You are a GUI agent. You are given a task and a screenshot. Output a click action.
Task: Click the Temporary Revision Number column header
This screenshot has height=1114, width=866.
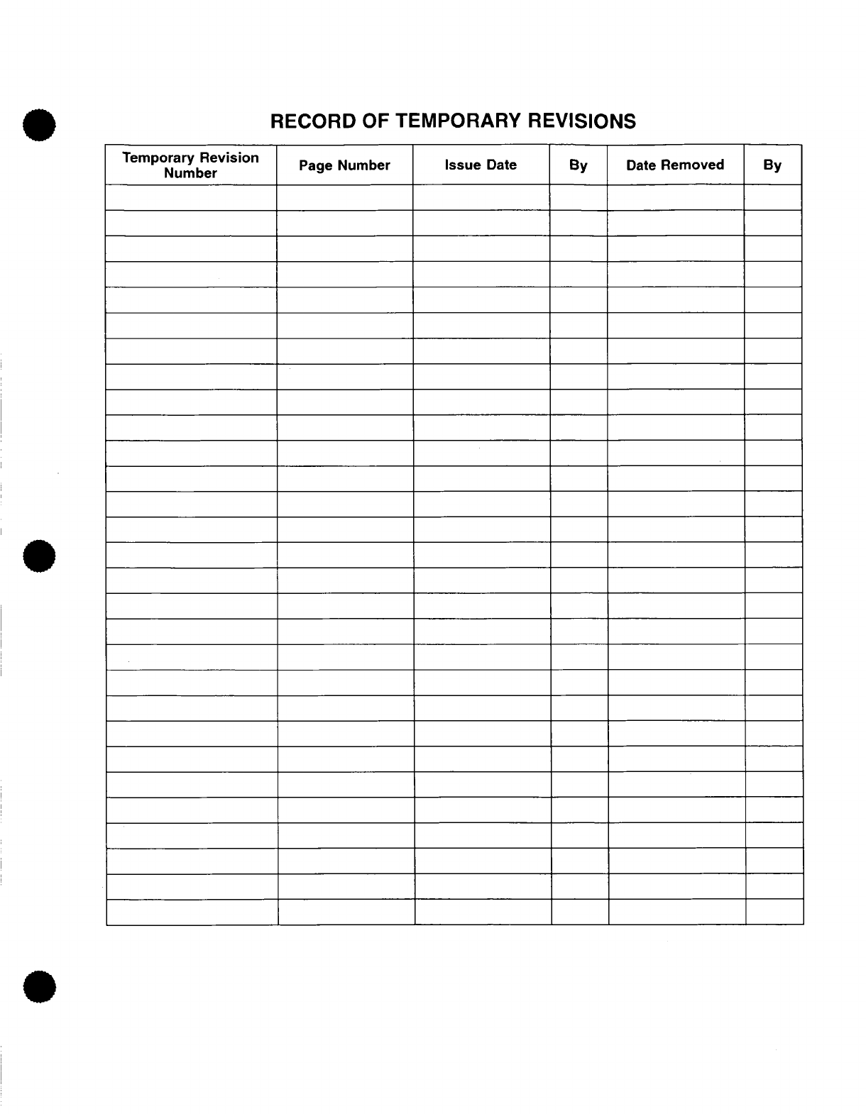[190, 165]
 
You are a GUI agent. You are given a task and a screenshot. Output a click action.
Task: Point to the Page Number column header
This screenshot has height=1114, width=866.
[344, 165]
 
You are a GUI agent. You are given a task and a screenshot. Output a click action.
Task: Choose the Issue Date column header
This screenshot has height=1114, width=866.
[481, 165]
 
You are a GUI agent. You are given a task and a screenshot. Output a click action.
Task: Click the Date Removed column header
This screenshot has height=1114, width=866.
[675, 165]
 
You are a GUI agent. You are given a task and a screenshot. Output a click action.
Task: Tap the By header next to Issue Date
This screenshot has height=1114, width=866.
[578, 165]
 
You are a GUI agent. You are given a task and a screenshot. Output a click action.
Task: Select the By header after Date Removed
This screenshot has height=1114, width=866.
[772, 165]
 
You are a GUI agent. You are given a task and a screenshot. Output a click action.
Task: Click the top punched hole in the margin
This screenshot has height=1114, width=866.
[40, 126]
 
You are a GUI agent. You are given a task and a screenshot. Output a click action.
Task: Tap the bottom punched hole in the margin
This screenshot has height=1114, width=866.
[40, 987]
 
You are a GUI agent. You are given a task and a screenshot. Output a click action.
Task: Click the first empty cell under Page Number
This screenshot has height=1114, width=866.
[344, 197]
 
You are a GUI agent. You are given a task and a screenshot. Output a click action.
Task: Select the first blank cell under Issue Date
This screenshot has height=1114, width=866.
[481, 197]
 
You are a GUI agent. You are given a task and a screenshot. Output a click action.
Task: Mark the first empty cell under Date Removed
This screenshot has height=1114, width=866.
[675, 197]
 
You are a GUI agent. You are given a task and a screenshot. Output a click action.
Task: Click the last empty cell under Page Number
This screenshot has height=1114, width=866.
[346, 912]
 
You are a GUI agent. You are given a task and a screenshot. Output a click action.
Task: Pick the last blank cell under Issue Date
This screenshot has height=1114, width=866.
[483, 912]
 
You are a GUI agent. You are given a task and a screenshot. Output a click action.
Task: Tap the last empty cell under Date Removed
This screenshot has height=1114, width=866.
[676, 912]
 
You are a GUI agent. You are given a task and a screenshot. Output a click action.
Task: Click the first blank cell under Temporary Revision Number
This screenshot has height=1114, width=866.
[190, 197]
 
